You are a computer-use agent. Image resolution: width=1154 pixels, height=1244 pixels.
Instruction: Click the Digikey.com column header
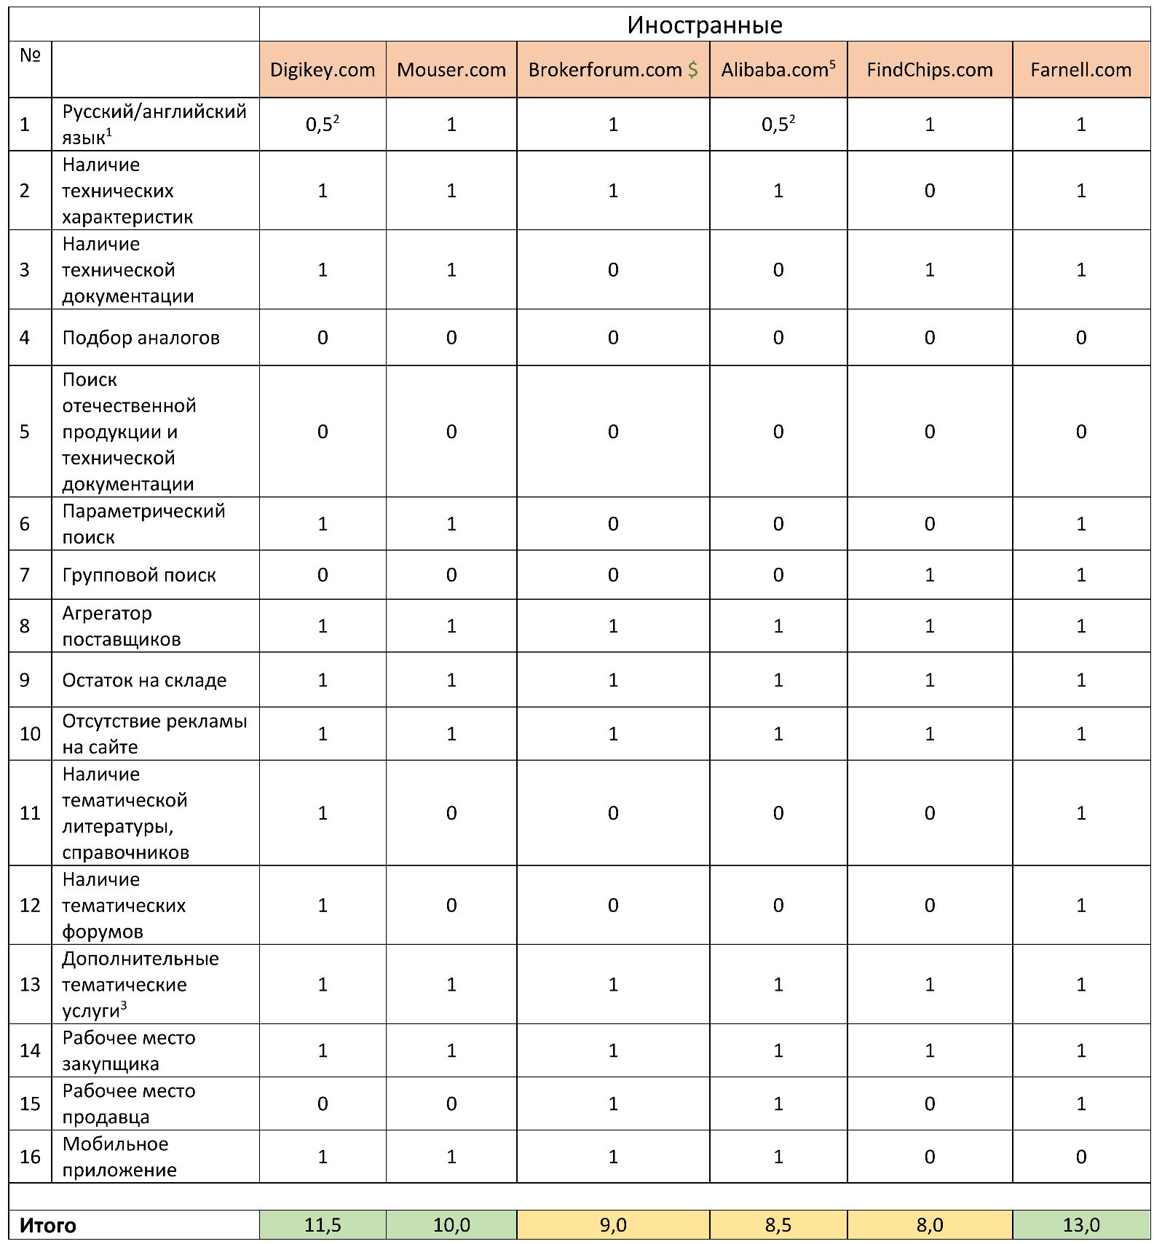(x=323, y=70)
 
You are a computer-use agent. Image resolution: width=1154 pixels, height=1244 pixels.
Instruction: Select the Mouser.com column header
(x=451, y=70)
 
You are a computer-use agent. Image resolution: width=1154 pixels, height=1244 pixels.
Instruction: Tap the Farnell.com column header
(x=1080, y=70)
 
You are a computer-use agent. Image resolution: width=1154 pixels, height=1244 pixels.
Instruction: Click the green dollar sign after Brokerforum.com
(x=692, y=70)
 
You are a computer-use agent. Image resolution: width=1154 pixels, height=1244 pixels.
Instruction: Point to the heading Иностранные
(x=705, y=25)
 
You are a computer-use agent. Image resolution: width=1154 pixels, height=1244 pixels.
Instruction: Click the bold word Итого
(x=48, y=1225)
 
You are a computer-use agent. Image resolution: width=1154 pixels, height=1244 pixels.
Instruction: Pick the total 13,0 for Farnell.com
(x=1080, y=1225)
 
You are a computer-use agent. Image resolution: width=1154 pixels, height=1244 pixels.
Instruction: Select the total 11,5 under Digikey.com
(x=323, y=1225)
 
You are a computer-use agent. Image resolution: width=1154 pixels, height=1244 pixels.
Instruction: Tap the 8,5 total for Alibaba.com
(x=778, y=1225)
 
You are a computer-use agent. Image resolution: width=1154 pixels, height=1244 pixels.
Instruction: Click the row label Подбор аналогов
(x=141, y=338)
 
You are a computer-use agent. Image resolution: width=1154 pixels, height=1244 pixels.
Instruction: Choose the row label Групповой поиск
(x=139, y=575)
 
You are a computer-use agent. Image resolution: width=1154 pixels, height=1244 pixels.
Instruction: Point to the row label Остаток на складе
(x=144, y=680)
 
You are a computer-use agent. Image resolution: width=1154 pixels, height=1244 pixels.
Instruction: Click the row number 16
(x=30, y=1156)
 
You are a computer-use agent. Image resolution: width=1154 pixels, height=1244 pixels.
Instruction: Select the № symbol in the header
(x=30, y=55)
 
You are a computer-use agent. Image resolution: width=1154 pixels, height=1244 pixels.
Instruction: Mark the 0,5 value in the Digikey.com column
(x=321, y=124)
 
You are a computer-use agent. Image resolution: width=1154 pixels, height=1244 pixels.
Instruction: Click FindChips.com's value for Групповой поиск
(x=929, y=575)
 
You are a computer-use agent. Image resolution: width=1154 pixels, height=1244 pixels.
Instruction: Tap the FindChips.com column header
(x=929, y=70)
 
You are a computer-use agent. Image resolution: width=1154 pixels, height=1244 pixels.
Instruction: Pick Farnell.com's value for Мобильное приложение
(x=1080, y=1156)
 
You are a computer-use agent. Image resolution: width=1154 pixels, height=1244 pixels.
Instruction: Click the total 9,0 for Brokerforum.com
(x=613, y=1225)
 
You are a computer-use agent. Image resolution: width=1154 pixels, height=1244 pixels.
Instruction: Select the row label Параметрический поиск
(x=143, y=523)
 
